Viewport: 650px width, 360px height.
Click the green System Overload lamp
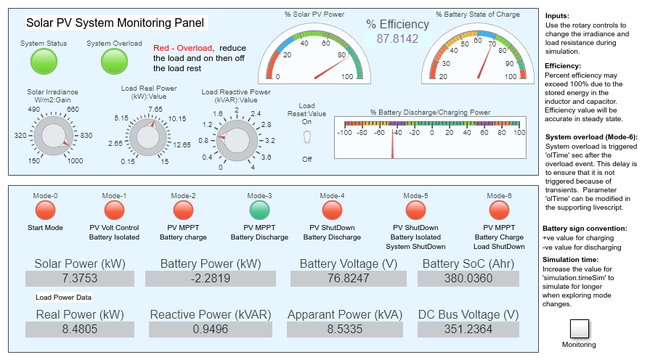click(114, 62)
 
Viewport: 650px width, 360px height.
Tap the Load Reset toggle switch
click(306, 138)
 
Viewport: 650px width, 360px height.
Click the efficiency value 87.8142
click(397, 39)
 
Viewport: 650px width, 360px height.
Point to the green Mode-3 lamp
click(259, 210)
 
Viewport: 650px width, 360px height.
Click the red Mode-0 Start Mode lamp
click(45, 210)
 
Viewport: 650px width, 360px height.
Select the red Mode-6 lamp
click(498, 210)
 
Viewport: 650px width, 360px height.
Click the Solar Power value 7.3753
click(76, 279)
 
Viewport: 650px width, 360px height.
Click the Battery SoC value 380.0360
click(468, 279)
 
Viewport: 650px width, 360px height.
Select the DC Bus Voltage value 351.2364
click(468, 330)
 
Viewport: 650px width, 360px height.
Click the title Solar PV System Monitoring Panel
click(115, 23)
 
